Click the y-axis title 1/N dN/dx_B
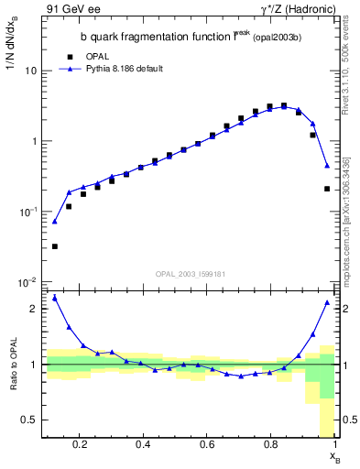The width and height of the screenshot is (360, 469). coord(12,55)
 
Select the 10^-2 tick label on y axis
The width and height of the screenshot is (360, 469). coord(28,282)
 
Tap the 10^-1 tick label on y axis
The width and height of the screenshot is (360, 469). coord(28,212)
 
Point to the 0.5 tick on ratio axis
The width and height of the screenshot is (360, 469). coord(30,420)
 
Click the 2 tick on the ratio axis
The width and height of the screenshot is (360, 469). coord(34,309)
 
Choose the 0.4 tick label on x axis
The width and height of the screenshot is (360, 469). coord(143,445)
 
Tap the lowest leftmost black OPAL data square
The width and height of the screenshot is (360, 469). coord(54,246)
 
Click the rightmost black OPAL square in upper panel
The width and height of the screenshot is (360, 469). coord(327,189)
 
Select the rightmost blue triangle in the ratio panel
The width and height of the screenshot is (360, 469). coord(327,302)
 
